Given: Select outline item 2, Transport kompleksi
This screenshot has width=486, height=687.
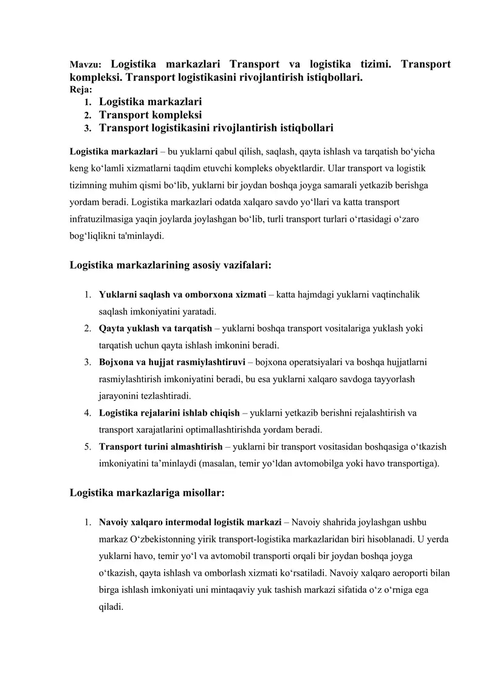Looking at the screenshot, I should click(150, 114).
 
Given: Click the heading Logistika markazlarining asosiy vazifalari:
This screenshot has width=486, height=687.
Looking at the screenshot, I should click(170, 265).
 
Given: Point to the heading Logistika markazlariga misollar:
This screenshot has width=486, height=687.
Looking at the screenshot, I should click(147, 493).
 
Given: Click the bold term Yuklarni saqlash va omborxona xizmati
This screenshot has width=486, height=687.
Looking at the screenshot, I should click(182, 295).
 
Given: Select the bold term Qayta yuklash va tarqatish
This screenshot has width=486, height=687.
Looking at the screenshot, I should click(156, 329).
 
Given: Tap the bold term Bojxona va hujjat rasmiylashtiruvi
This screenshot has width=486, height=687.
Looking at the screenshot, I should click(172, 363).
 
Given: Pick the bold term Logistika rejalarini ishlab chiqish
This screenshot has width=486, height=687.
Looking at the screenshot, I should click(169, 413).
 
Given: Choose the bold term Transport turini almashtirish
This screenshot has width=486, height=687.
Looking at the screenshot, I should click(160, 447).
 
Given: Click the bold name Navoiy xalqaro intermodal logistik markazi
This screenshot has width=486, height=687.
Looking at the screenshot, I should click(190, 522).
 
